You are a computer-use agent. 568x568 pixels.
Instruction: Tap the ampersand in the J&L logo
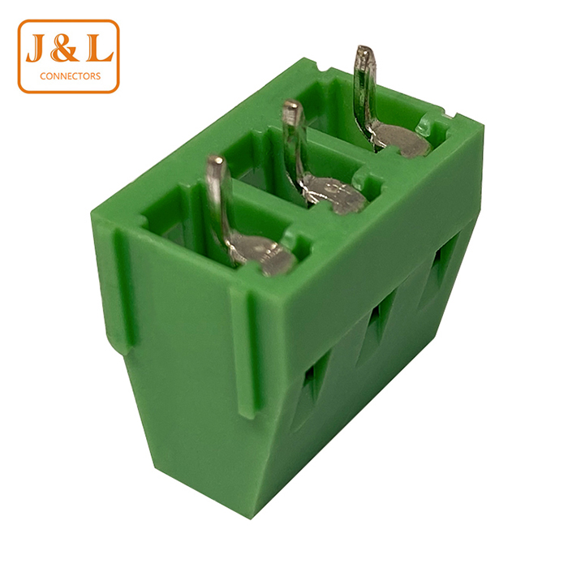point(64,47)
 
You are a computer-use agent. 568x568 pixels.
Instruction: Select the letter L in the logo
point(99,47)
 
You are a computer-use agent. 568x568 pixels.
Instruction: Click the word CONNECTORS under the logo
point(71,76)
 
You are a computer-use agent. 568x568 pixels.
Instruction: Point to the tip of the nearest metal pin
point(216,160)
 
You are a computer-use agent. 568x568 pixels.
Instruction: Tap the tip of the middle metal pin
point(292,105)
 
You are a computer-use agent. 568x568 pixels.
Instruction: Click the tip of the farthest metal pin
point(364,49)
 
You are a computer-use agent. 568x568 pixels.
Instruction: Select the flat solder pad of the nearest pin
point(265,253)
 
